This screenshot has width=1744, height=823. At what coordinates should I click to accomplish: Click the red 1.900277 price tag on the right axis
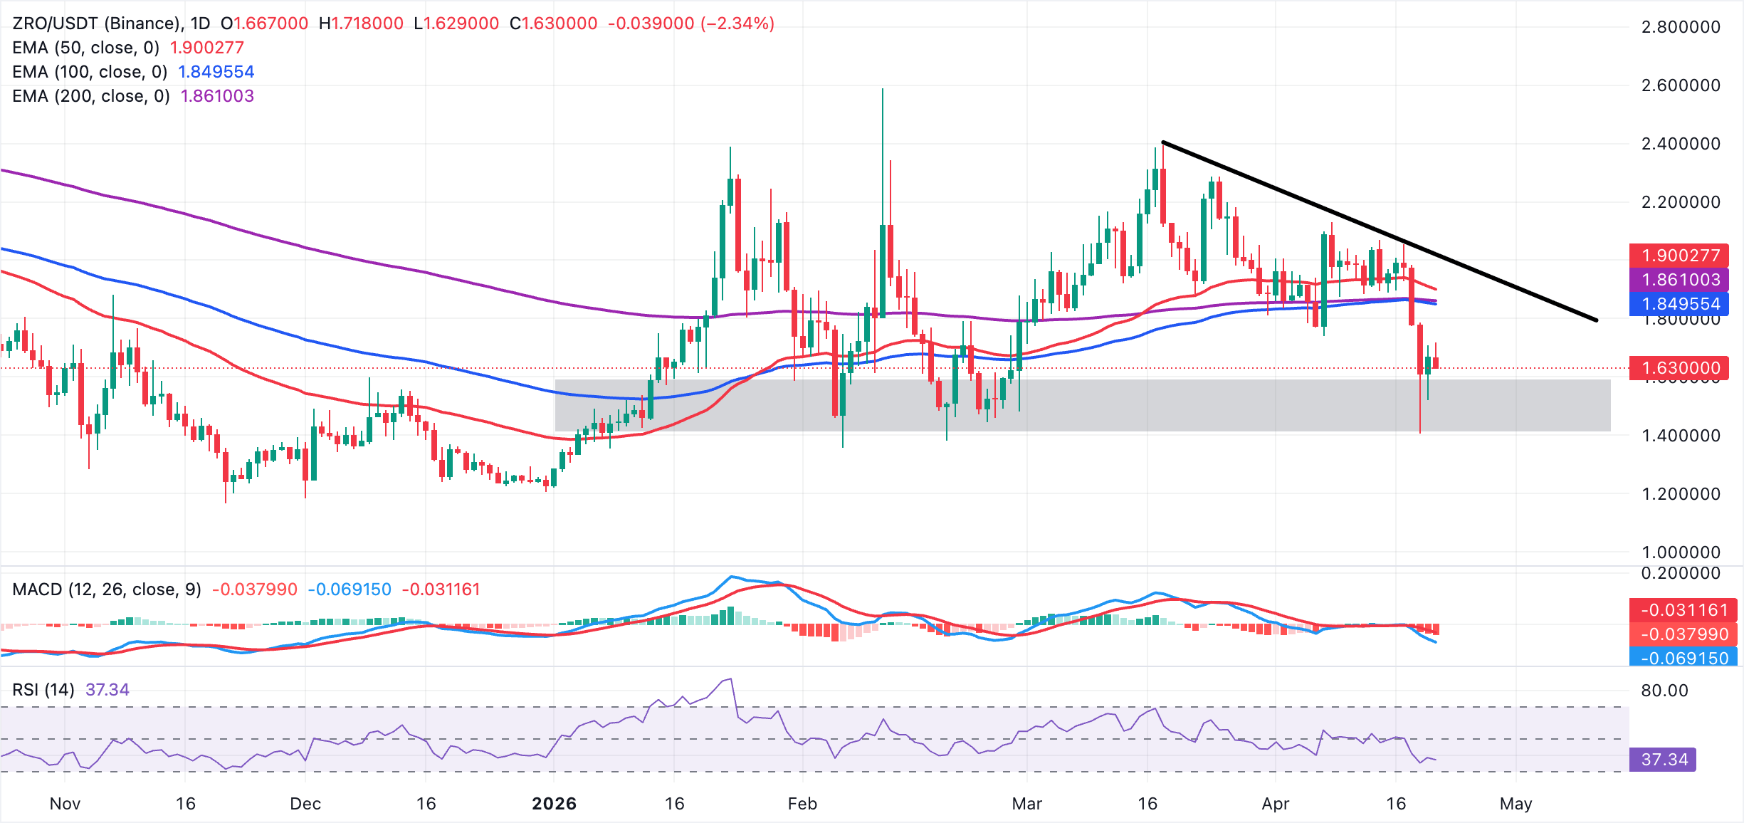1680,256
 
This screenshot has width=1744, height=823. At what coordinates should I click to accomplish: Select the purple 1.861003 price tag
1680,280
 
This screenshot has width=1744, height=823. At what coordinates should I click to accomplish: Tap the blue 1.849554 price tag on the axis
1680,304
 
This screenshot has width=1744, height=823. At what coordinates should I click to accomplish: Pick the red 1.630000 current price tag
1680,368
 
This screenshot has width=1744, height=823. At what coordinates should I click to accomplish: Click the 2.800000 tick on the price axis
1680,27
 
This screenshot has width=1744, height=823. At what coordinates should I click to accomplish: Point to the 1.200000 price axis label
1680,494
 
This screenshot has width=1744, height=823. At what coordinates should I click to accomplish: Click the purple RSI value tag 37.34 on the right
1664,760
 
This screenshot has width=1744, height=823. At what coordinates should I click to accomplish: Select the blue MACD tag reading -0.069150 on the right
1683,658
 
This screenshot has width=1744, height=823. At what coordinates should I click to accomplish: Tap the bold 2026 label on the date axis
554,804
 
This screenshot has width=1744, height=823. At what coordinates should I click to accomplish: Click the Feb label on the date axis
802,804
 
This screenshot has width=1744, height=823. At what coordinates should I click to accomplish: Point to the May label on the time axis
1516,804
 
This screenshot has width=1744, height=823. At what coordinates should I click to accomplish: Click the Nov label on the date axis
65,804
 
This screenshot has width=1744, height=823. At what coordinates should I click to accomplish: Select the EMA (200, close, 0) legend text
91,96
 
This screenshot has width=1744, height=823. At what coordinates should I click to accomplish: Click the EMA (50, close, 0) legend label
86,48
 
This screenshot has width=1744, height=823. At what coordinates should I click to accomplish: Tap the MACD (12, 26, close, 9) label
107,589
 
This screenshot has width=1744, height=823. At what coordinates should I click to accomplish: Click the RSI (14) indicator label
43,690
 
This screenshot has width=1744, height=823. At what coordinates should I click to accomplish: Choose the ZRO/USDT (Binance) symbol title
97,23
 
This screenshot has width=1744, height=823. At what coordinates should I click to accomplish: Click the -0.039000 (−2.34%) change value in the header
690,23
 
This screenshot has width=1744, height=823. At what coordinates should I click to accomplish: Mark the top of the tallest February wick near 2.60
883,89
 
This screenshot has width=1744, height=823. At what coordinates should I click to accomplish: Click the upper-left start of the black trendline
1163,142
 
